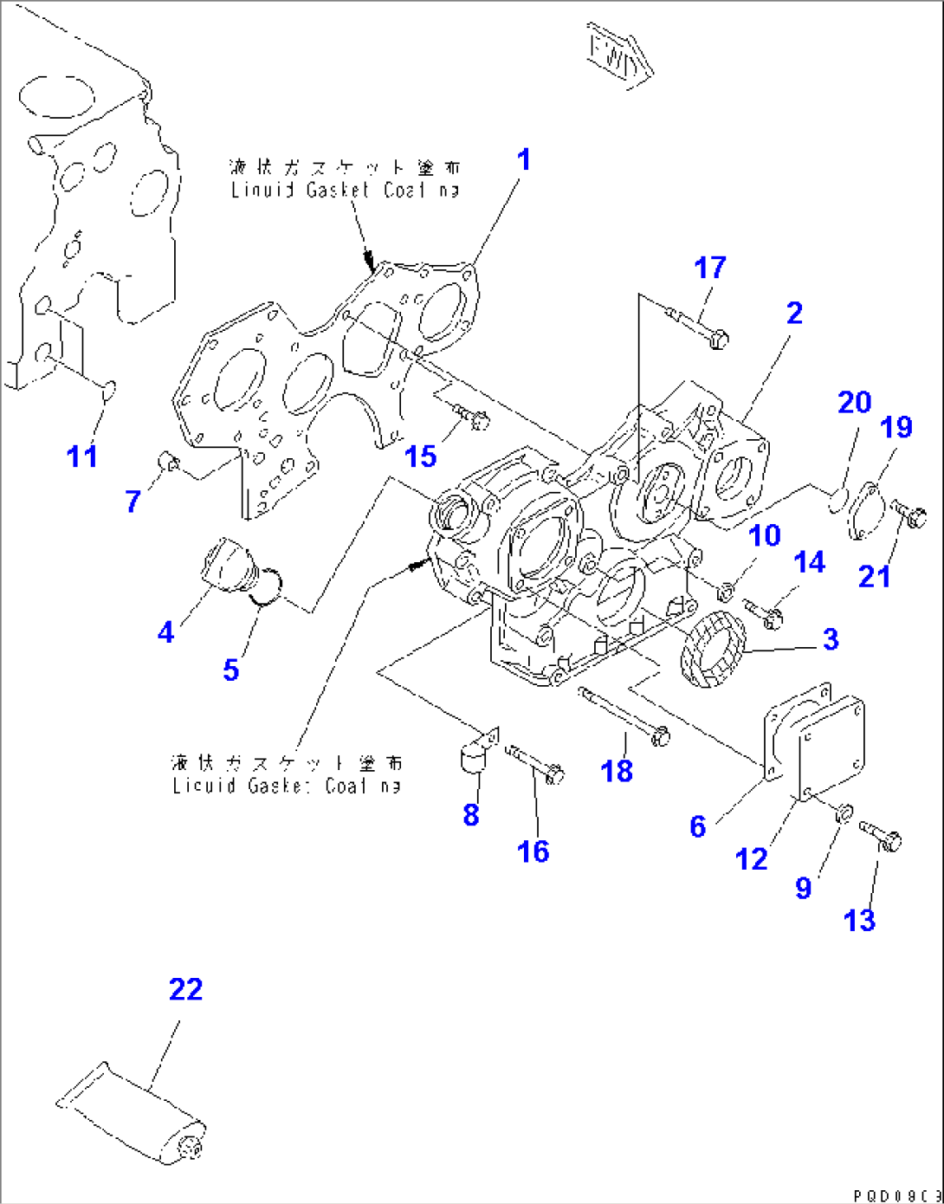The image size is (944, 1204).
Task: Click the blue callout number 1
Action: [x=523, y=161]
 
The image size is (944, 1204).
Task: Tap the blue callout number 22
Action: [x=185, y=989]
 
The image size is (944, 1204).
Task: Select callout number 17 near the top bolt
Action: [x=710, y=269]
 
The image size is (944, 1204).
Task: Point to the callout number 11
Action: [x=82, y=456]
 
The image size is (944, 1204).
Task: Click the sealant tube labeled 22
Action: [x=134, y=1113]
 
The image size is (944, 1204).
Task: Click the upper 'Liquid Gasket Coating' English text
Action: [x=345, y=190]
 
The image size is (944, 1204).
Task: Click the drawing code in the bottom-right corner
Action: [x=896, y=1195]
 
